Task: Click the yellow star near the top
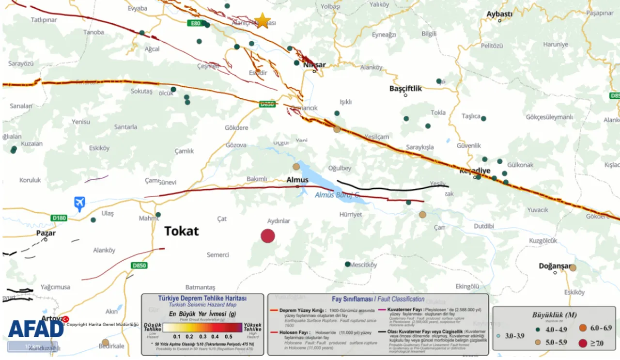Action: [262, 20]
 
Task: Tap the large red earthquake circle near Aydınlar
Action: [268, 236]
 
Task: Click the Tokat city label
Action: [182, 231]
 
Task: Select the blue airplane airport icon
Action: [79, 203]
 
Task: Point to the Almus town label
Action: [297, 180]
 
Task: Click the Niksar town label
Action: [314, 64]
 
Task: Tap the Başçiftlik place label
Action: [406, 89]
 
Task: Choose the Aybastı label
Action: [499, 14]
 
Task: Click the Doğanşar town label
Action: [555, 266]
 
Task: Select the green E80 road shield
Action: [196, 23]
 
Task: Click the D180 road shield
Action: [59, 218]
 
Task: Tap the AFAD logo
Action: [36, 329]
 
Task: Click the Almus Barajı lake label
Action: [337, 195]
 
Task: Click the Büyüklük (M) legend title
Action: [555, 314]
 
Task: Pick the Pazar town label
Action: [46, 233]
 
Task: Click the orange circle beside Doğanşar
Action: [573, 267]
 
